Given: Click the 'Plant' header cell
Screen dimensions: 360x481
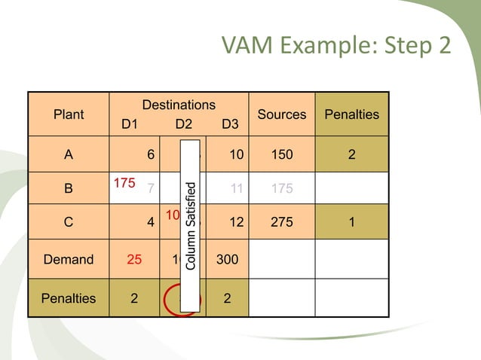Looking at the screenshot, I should (x=69, y=114).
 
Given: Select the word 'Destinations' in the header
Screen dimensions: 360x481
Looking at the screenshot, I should (x=179, y=105).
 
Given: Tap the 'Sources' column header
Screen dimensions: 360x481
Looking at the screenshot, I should (x=282, y=114).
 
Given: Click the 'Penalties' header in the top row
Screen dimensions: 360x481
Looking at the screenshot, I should (x=351, y=114).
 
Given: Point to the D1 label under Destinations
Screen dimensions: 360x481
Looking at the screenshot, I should (x=130, y=124).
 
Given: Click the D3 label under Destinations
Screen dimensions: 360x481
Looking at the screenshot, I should (x=228, y=124).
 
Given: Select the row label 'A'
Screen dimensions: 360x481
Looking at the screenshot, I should (x=69, y=155).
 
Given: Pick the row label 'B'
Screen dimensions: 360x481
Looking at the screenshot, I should (x=69, y=189).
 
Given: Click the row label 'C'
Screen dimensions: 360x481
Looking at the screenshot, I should (x=69, y=224).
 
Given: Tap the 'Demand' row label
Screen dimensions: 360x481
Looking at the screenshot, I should (x=69, y=259).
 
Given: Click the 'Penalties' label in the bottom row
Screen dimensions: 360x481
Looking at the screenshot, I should (x=69, y=297).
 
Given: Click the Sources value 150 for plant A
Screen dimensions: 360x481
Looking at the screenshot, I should (x=282, y=155).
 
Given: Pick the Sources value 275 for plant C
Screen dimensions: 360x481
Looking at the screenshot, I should (x=282, y=224).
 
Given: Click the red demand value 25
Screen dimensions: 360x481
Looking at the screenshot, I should (x=133, y=259).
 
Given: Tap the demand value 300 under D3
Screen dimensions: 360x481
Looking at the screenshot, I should (x=227, y=259).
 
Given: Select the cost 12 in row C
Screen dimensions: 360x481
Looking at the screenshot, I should (x=236, y=224).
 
